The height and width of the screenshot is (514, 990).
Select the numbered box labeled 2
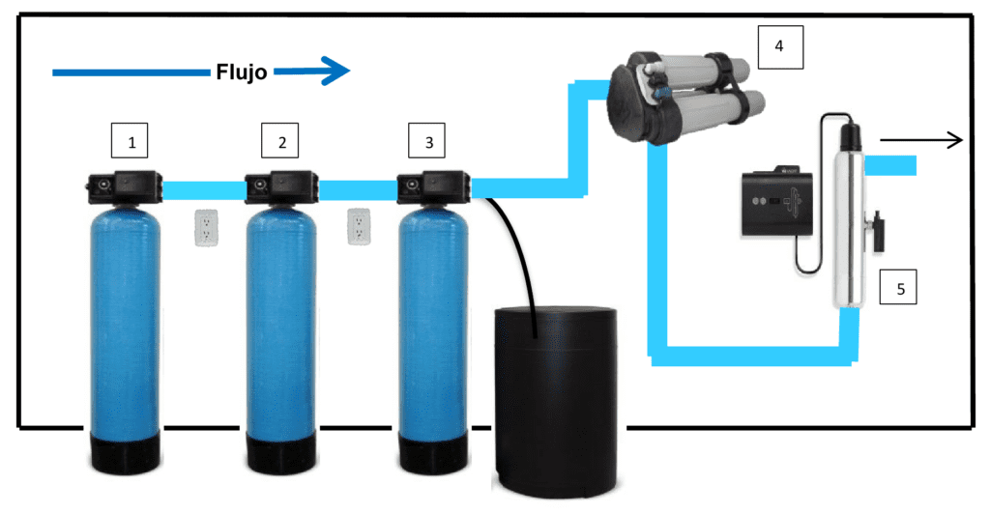[282, 143]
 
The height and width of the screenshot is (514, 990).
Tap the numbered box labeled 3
[429, 143]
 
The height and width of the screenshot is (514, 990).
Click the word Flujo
[241, 71]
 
